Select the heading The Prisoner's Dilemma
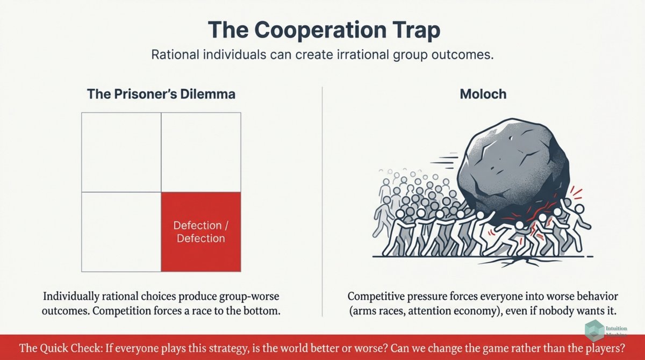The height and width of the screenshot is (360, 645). click(x=161, y=94)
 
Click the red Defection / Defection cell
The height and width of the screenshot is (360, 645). click(x=201, y=232)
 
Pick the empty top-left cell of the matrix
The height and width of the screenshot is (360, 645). click(x=121, y=153)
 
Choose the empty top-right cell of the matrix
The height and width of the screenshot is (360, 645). click(x=201, y=153)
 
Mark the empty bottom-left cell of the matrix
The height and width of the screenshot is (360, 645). click(x=121, y=232)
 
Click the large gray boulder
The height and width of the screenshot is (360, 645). click(x=505, y=167)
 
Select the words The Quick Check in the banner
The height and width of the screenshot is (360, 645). click(x=56, y=348)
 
